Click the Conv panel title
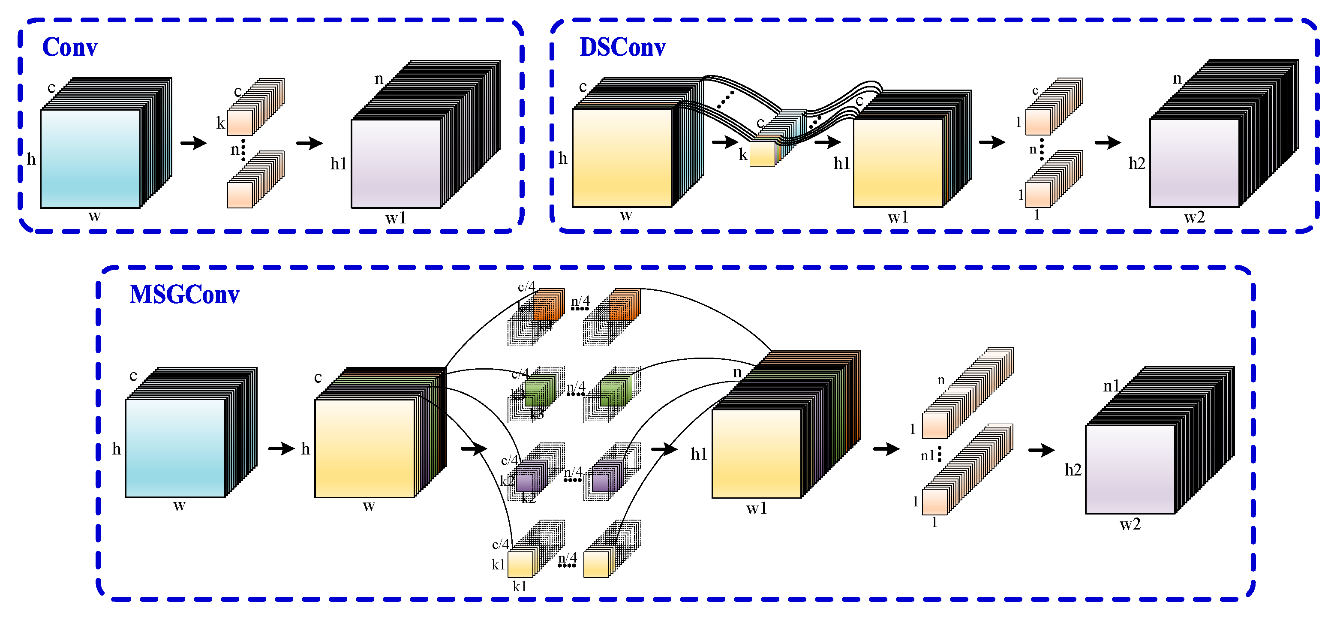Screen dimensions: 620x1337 (69, 47)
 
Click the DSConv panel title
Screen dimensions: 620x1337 (622, 47)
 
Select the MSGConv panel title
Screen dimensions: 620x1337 (184, 295)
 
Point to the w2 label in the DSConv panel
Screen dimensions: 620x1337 (1194, 217)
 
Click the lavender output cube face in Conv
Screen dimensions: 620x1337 (396, 163)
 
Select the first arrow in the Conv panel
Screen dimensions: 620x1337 (194, 142)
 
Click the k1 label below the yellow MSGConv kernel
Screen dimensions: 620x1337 (520, 587)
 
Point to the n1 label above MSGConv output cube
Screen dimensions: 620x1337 (1111, 386)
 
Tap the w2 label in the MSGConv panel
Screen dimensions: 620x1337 (1130, 524)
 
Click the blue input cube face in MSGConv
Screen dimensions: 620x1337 (175, 448)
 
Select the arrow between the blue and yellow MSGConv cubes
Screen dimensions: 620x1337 (281, 448)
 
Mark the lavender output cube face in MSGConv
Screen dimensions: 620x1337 (1130, 470)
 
